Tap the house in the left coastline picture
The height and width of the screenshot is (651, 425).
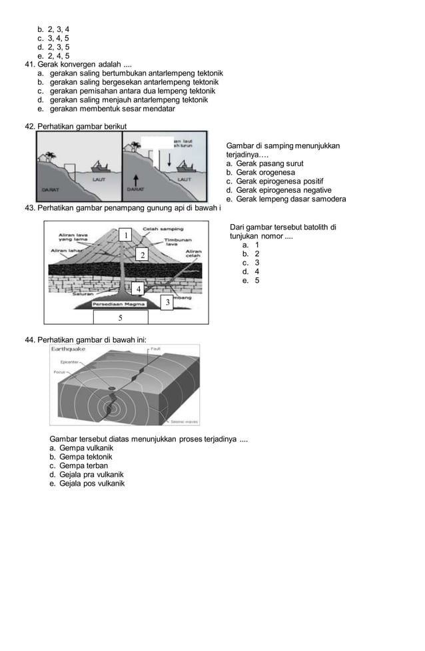(48, 157)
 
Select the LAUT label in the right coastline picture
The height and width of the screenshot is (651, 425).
(185, 180)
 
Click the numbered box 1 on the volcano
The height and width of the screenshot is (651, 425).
(125, 235)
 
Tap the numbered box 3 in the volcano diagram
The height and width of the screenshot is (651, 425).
(168, 303)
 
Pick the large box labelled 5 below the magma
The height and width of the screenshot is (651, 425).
(120, 317)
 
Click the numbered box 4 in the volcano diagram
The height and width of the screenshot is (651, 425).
(137, 289)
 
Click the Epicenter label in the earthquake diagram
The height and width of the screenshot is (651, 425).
(70, 362)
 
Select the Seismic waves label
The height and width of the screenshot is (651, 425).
(184, 421)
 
